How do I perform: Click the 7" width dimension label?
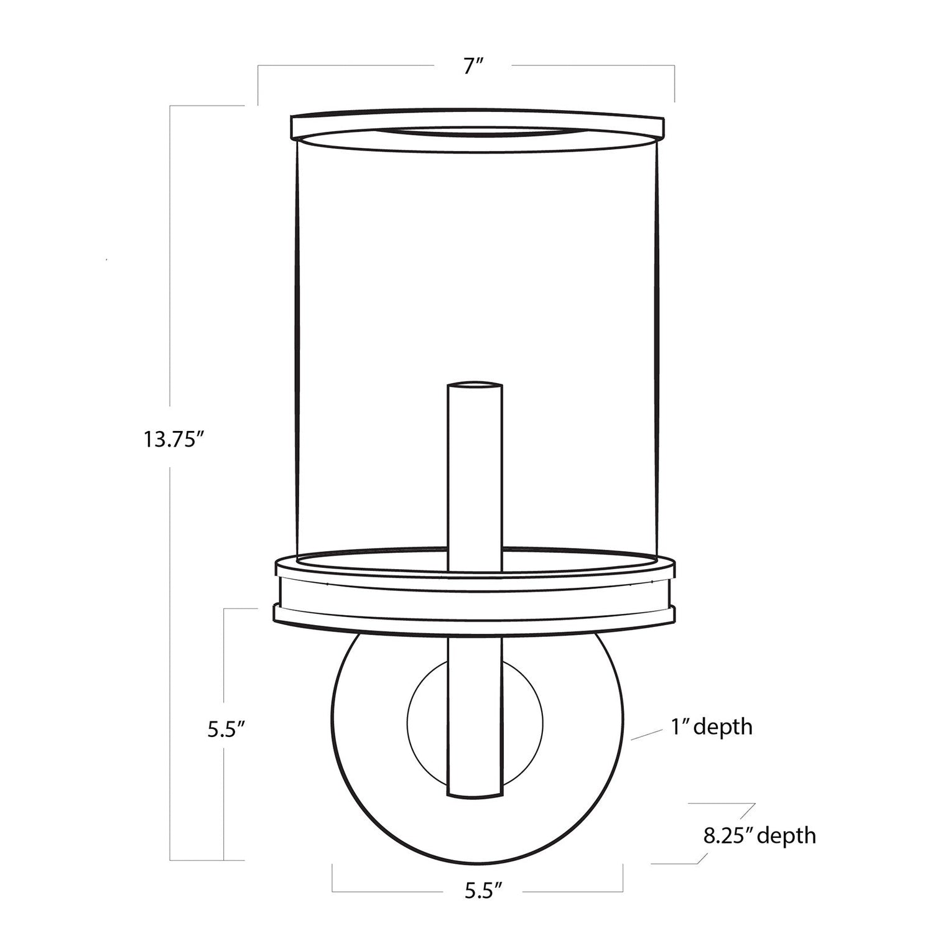pyautogui.click(x=473, y=66)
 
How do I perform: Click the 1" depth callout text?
pyautogui.click(x=712, y=726)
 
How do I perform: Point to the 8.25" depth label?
pyautogui.click(x=759, y=835)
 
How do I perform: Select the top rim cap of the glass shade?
pyautogui.click(x=478, y=124)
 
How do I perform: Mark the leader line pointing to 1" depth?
pyautogui.click(x=647, y=734)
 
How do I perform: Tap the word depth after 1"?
pyautogui.click(x=723, y=726)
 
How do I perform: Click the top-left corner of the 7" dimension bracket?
pyautogui.click(x=259, y=65)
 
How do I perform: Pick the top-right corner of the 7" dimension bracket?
pyautogui.click(x=674, y=65)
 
